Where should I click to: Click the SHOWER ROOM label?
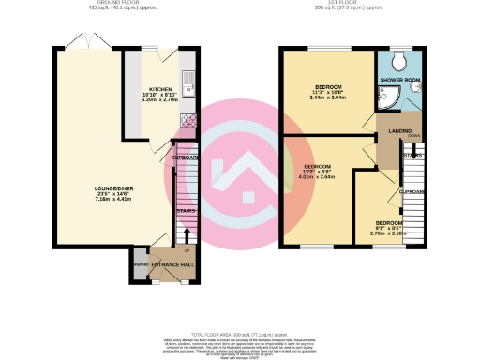[398, 81]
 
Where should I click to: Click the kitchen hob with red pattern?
[188, 120]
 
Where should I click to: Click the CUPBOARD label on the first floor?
[410, 192]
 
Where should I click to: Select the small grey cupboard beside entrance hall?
[140, 266]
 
